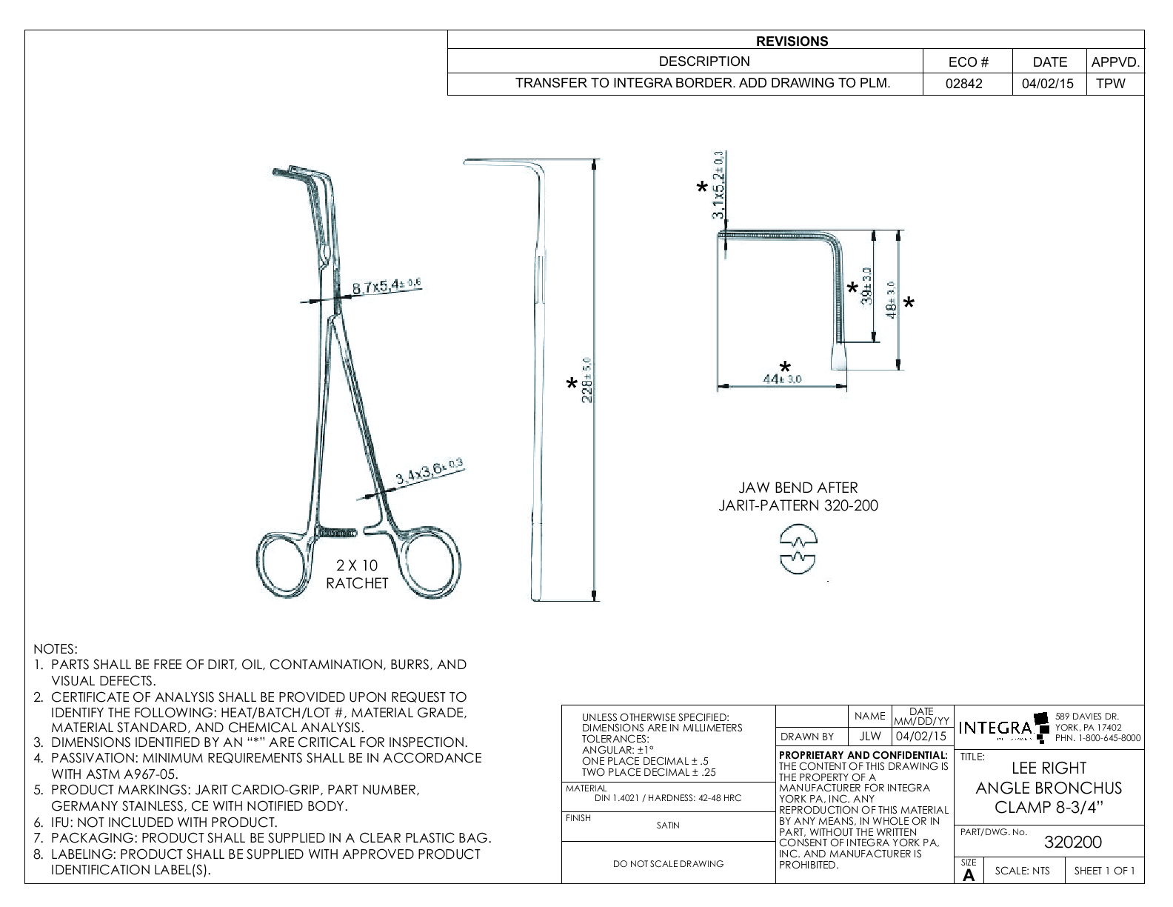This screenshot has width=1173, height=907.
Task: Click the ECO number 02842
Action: (966, 84)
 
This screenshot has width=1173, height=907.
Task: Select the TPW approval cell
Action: (1110, 84)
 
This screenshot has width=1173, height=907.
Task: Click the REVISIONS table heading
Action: (792, 41)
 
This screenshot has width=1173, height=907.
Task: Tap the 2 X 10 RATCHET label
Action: (357, 574)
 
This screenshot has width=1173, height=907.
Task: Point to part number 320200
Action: (1072, 843)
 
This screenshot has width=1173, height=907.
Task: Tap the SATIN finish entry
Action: (667, 825)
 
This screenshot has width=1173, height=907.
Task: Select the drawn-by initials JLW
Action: (869, 737)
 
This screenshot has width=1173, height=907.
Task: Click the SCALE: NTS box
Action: (1022, 871)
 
